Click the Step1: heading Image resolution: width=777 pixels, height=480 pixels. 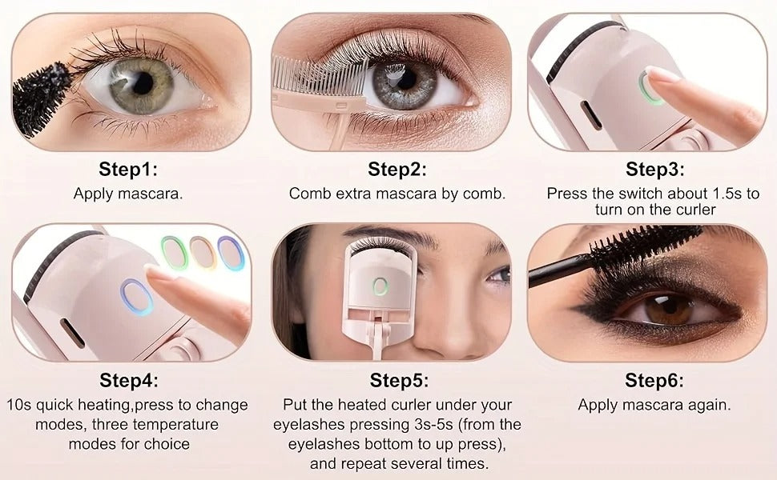click(128, 170)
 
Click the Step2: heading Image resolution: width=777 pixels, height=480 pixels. click(397, 170)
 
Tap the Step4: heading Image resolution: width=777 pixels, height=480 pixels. click(128, 379)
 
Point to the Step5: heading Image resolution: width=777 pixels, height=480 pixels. click(399, 379)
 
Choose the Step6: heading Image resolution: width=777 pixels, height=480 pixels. click(654, 379)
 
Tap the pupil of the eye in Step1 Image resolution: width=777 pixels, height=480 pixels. click(143, 82)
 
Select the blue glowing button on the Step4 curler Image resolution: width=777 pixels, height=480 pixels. click(136, 297)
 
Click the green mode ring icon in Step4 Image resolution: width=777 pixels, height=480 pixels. click(174, 252)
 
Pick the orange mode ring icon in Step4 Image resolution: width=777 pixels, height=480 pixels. click(202, 252)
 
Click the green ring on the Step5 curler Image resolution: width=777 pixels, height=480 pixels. click(380, 286)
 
